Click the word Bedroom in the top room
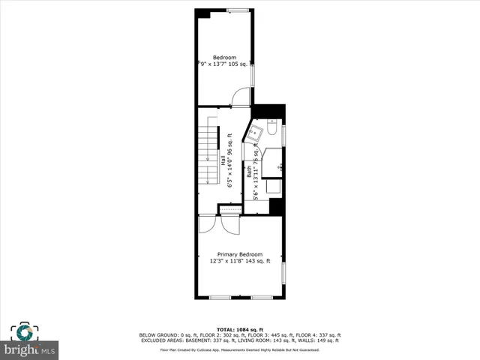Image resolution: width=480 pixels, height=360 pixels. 224,58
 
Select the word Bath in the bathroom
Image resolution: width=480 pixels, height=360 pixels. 249,172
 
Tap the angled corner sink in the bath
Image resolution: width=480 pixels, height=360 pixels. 256,133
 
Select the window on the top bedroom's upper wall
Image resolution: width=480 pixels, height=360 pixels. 238,10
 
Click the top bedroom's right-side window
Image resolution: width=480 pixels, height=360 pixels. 253,74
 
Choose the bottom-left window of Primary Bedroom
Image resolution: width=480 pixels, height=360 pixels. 220,298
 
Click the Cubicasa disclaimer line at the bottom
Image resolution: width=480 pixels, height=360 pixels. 240,350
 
